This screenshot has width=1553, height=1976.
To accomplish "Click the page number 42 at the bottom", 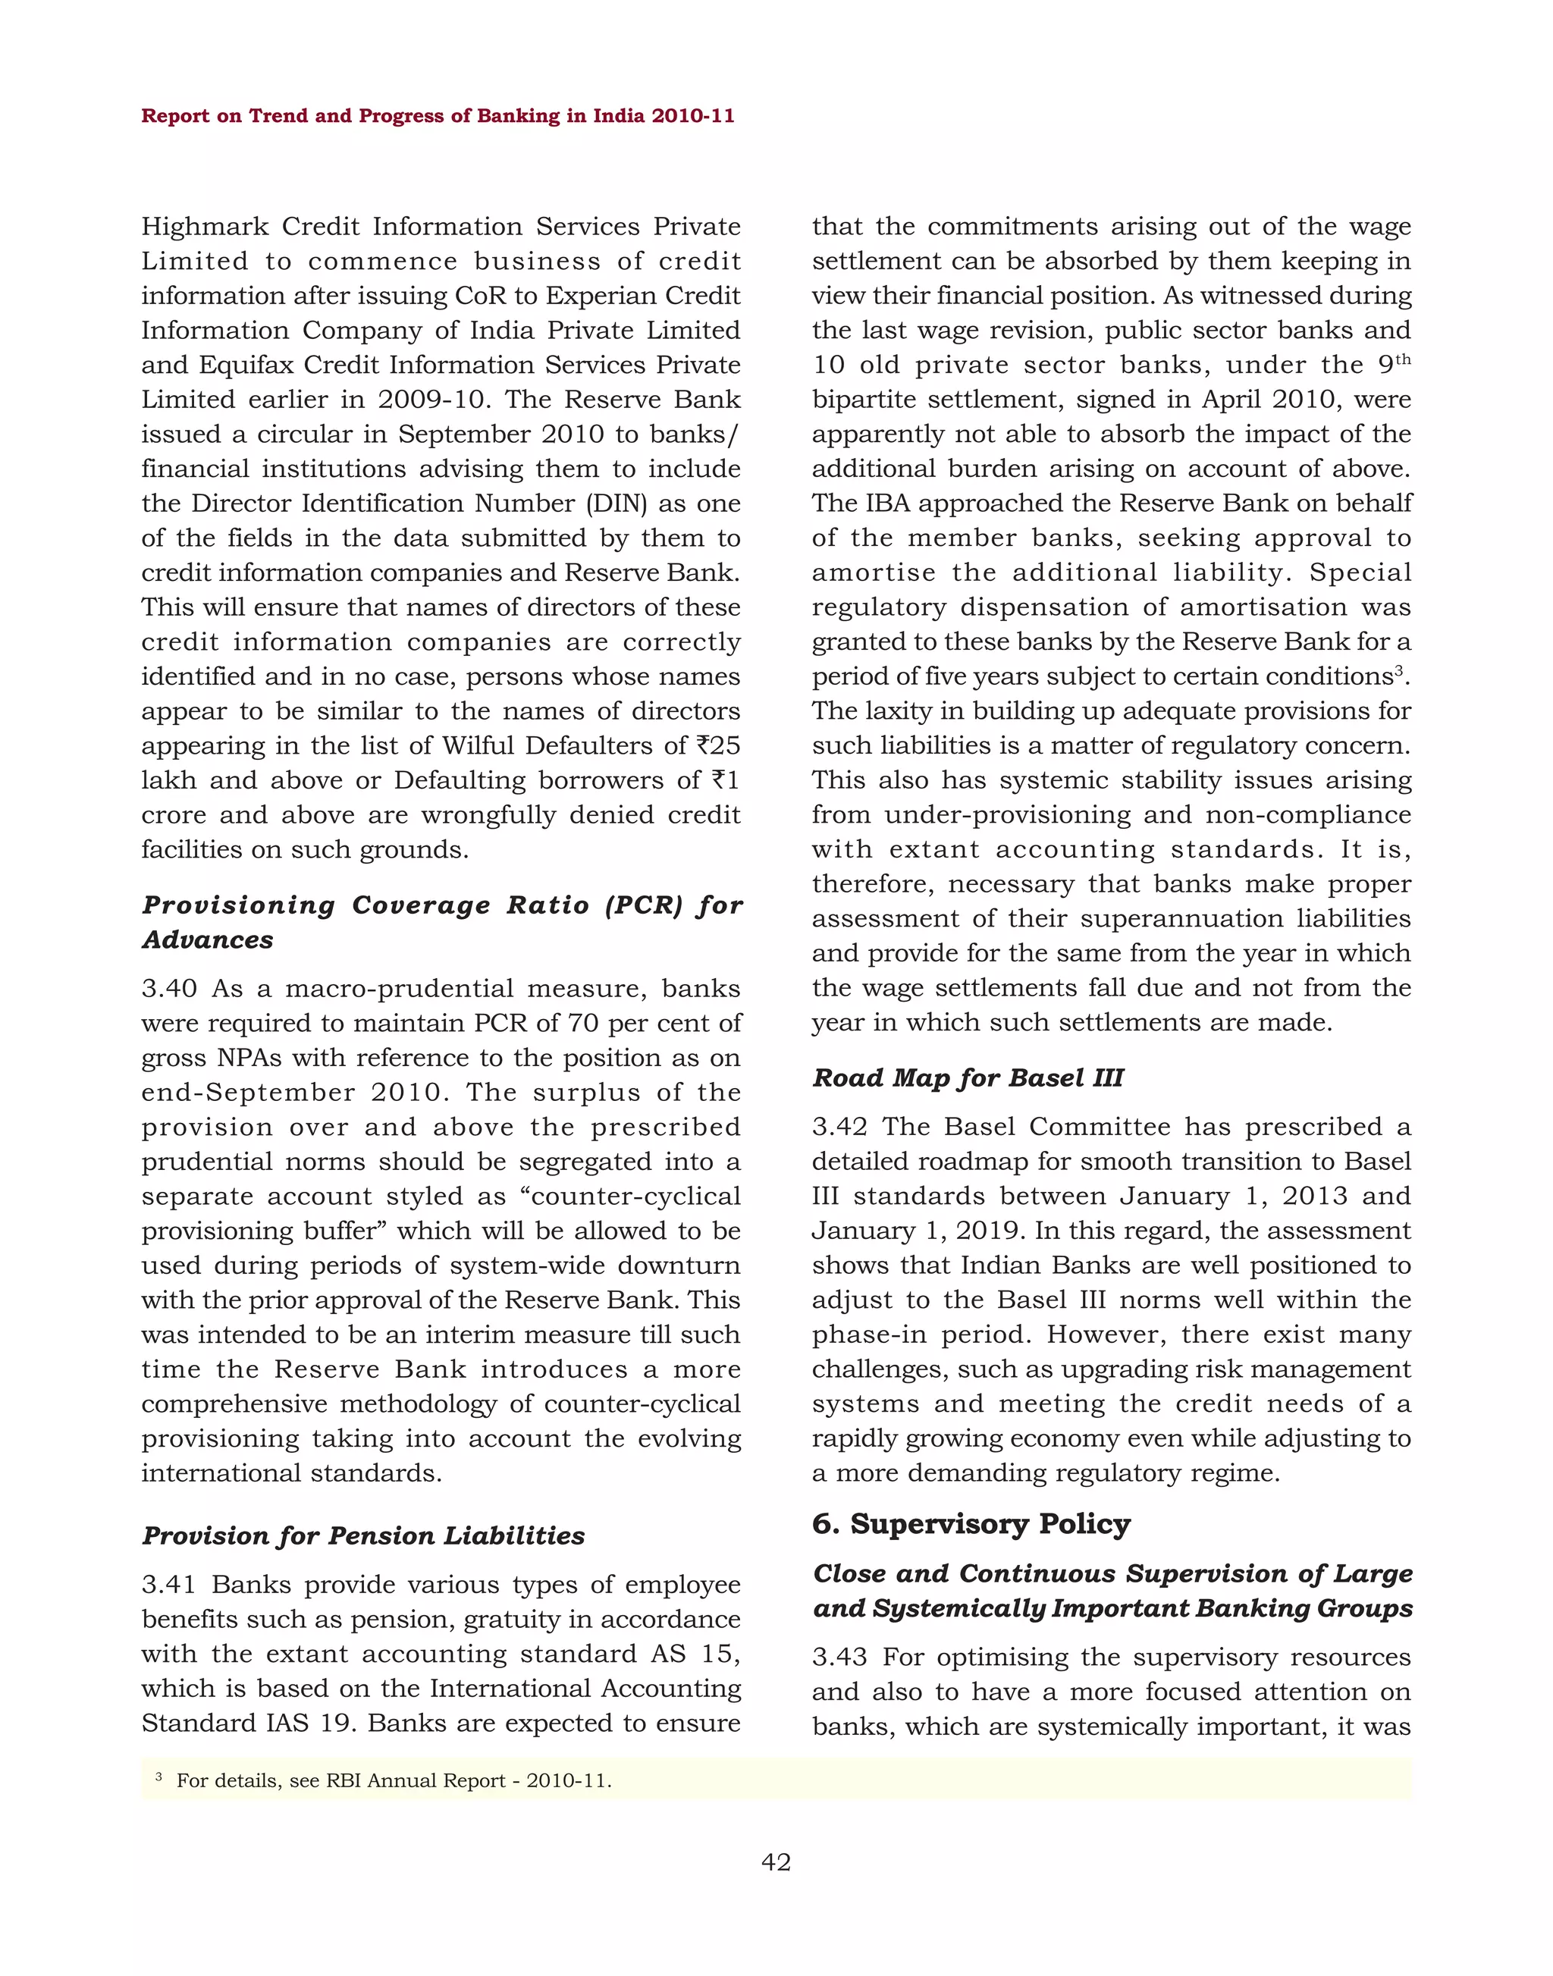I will tap(776, 1862).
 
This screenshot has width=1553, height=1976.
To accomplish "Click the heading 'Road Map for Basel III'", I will tap(968, 1077).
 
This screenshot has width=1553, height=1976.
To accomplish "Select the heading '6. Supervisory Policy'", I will tap(971, 1523).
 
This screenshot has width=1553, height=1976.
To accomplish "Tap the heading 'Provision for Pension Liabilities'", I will tap(362, 1536).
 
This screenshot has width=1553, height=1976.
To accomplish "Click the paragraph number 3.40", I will tap(169, 989).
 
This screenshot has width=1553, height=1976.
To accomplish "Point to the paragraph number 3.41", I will tap(169, 1585).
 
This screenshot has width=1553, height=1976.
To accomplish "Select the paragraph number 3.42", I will tap(839, 1127).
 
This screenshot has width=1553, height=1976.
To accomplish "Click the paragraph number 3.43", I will tap(839, 1658).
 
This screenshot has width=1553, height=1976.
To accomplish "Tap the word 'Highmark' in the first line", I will tap(205, 227).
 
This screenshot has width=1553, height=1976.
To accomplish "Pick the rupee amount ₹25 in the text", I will tap(718, 745).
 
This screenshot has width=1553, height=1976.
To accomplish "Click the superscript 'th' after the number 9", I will tap(1403, 359).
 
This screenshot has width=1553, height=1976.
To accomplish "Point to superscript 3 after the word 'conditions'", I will tap(1399, 671).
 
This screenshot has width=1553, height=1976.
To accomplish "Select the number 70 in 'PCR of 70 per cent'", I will tap(583, 1024).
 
